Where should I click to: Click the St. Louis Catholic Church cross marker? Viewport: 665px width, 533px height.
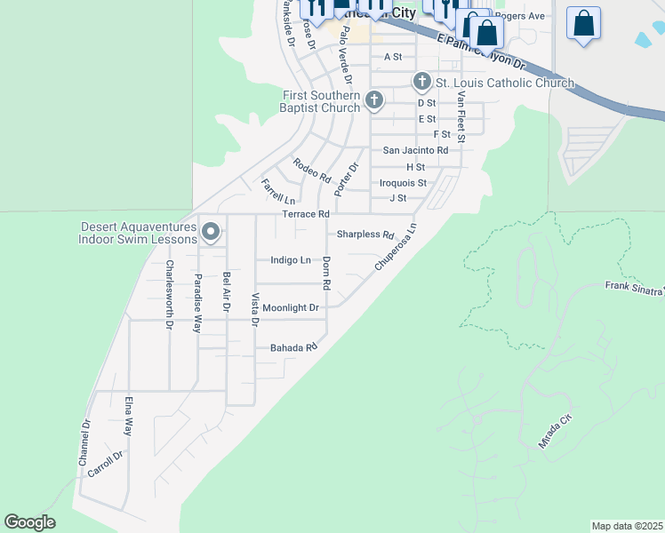click(422, 83)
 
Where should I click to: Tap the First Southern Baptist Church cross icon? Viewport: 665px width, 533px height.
click(374, 100)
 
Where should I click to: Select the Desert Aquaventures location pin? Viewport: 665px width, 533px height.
click(211, 232)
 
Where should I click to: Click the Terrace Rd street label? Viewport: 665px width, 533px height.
click(306, 214)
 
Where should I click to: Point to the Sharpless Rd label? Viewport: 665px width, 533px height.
click(365, 235)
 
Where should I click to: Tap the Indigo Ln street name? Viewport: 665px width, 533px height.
click(291, 260)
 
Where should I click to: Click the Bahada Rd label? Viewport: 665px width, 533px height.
click(293, 347)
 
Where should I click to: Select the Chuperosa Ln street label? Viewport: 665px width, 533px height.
click(396, 248)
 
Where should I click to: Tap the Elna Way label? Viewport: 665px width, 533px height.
click(129, 415)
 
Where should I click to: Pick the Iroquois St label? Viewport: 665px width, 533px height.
click(403, 182)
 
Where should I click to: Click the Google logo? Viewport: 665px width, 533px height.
click(29, 522)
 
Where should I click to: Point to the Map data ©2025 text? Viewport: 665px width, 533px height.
click(627, 526)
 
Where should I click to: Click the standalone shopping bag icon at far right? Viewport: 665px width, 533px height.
click(583, 24)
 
